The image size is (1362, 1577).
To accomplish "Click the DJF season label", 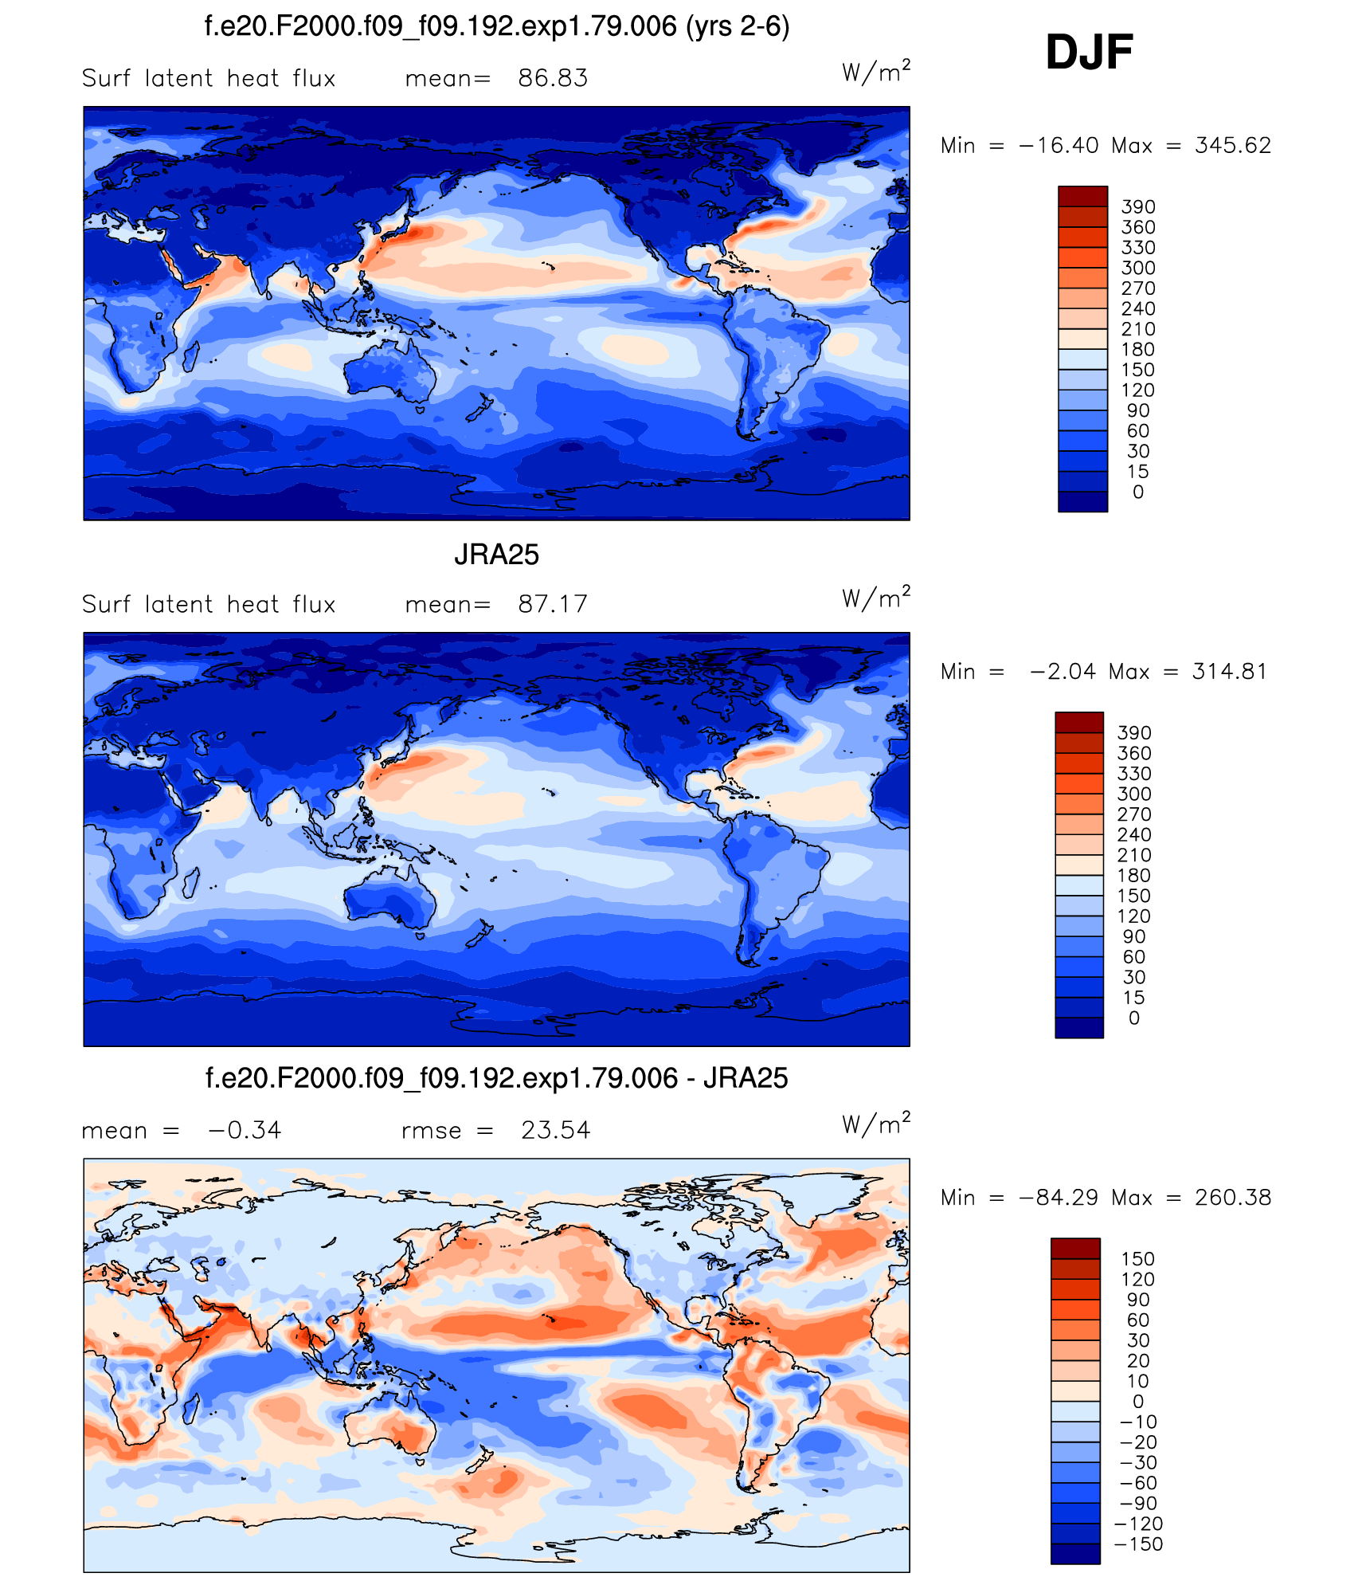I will [1089, 53].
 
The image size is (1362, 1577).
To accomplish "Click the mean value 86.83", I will [553, 78].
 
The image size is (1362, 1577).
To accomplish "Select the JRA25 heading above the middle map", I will [496, 555].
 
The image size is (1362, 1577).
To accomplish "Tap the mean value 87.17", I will [553, 604].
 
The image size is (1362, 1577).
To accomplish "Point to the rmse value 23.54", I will [555, 1130].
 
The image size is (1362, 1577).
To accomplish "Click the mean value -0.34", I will [245, 1130].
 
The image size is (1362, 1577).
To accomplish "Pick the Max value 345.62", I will [1232, 145].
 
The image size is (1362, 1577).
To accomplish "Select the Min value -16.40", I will [1059, 145].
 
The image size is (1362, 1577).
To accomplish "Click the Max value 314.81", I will [1229, 671].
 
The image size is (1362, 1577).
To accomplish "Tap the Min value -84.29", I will [1059, 1197].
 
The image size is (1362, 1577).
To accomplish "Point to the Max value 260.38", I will [1232, 1197].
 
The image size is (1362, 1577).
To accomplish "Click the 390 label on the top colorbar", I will [1138, 207].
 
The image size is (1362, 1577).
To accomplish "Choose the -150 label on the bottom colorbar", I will [1138, 1544].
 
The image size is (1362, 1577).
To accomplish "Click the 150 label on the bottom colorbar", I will [1137, 1259].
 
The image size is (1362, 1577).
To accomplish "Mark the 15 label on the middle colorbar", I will [1134, 998].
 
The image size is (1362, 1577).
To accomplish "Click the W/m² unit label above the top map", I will [876, 73].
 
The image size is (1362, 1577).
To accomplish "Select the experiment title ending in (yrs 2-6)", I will [497, 26].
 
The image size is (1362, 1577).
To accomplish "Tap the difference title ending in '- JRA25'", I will [497, 1078].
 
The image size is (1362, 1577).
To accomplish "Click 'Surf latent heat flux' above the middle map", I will [209, 604].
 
